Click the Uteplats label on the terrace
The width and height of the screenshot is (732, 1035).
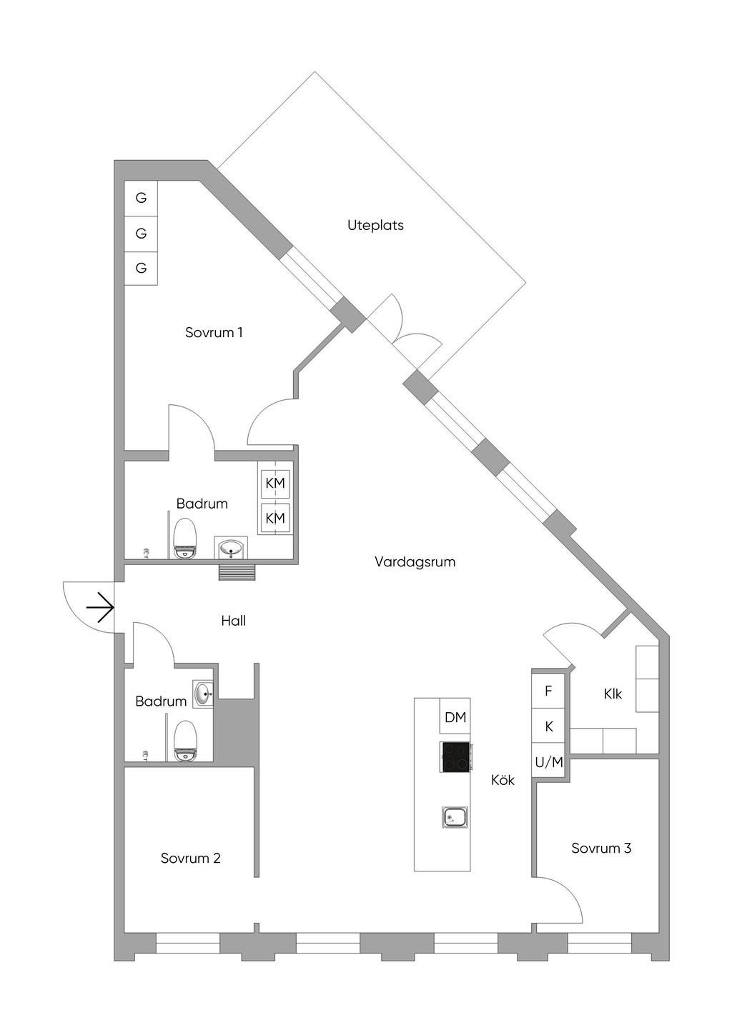point(375,225)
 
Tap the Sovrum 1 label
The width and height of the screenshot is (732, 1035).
point(214,332)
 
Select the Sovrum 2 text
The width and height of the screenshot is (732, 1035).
point(190,858)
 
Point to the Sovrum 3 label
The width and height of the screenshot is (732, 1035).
point(601,848)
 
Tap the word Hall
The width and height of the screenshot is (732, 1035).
point(233,621)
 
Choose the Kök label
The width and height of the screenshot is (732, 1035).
point(503,780)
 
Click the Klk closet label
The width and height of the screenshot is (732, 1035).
point(613,694)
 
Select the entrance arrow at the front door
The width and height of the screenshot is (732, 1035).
point(100,609)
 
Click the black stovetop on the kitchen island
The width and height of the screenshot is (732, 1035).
point(455,756)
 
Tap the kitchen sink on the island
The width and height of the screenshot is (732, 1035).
point(455,816)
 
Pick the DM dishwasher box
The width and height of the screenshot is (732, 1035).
point(455,717)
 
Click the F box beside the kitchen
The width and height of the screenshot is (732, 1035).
point(549,691)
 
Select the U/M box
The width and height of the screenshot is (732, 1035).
point(549,762)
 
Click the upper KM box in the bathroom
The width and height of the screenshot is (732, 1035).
point(275,484)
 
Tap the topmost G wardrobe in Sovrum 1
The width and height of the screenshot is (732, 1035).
point(141,198)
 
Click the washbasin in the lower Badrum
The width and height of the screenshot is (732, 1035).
point(204,693)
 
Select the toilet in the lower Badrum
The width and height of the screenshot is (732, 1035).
point(186,740)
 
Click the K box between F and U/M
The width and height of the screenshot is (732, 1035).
point(549,726)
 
